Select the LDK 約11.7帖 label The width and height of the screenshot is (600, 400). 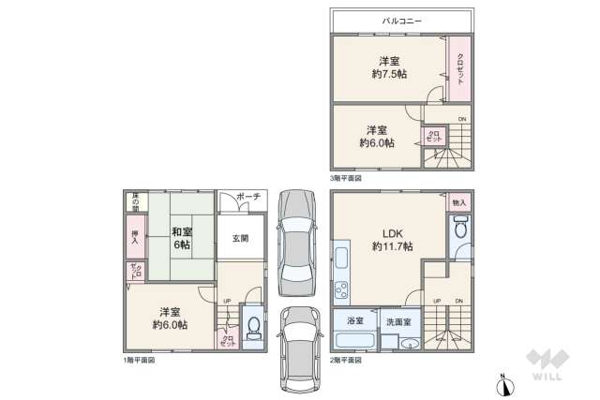pyautogui.click(x=392, y=239)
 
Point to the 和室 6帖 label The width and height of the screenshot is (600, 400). pyautogui.click(x=181, y=238)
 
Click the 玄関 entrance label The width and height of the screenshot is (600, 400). pyautogui.click(x=241, y=239)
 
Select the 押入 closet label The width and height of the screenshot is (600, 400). pyautogui.click(x=134, y=238)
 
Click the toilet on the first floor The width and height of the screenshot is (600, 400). pyautogui.click(x=253, y=328)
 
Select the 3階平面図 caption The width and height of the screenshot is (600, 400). pyautogui.click(x=345, y=177)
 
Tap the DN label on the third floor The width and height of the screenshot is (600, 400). pyautogui.click(x=460, y=119)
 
